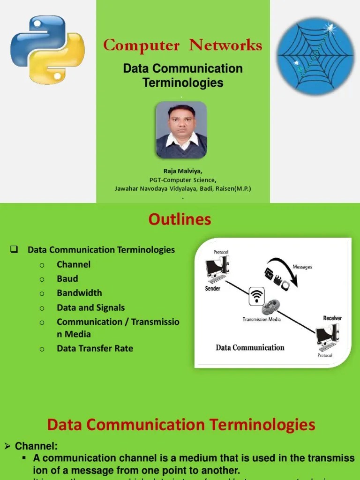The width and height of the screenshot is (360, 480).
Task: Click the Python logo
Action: point(47,50)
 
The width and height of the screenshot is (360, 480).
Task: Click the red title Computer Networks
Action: point(182,45)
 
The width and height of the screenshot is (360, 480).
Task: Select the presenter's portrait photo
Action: point(181,130)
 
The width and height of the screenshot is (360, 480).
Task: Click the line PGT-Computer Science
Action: point(183,180)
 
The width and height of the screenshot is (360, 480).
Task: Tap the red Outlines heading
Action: point(180,219)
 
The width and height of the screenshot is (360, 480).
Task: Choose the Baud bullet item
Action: point(67,278)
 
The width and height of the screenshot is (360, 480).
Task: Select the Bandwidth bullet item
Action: point(79,293)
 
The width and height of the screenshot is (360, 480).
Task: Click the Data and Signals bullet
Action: point(90,307)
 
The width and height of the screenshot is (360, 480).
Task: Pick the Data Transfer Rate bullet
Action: point(95,348)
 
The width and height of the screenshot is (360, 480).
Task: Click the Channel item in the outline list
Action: point(74,264)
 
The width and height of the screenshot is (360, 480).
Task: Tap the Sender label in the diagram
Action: point(213,289)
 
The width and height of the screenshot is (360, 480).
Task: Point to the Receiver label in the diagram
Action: point(332,318)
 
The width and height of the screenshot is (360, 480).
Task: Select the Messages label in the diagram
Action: point(302,267)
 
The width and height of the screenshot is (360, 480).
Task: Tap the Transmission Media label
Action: point(261,319)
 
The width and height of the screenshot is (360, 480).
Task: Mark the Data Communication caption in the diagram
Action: point(250,348)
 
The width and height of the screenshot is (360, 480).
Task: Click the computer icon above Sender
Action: point(217,271)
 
